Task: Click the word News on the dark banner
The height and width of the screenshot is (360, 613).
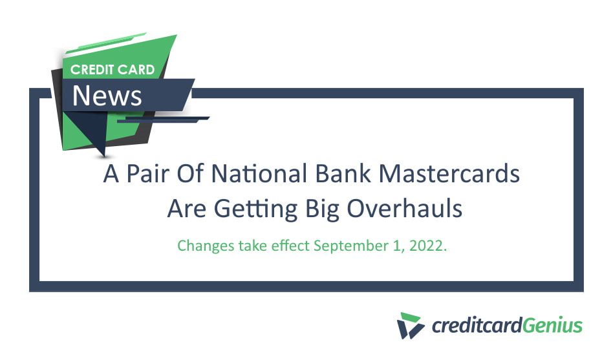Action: [x=107, y=96]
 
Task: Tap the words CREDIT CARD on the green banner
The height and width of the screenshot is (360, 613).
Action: [x=113, y=69]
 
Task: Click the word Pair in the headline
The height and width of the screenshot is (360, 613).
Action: [x=151, y=175]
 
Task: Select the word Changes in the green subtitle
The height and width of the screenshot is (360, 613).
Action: [x=204, y=246]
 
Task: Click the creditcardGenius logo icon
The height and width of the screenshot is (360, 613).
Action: [x=410, y=325]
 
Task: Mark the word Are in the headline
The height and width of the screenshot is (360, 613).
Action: [x=183, y=209]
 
